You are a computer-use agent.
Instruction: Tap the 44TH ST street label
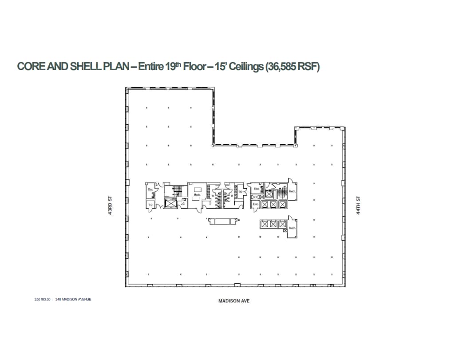pyautogui.click(x=358, y=206)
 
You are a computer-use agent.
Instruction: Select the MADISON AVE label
pyautogui.click(x=234, y=301)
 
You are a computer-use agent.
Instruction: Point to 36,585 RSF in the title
pyautogui.click(x=292, y=67)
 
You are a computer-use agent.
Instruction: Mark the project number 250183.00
pyautogui.click(x=43, y=299)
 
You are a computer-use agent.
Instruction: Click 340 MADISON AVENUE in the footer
pyautogui.click(x=73, y=299)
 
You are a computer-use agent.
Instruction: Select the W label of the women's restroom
pyautogui.click(x=213, y=196)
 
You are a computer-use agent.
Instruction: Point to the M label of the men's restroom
pyautogui.click(x=232, y=196)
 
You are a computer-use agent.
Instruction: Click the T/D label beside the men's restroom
pyautogui.click(x=240, y=192)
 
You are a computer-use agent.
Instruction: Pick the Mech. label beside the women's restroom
pyautogui.click(x=196, y=195)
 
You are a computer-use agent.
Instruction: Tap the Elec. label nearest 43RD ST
pyautogui.click(x=150, y=190)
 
